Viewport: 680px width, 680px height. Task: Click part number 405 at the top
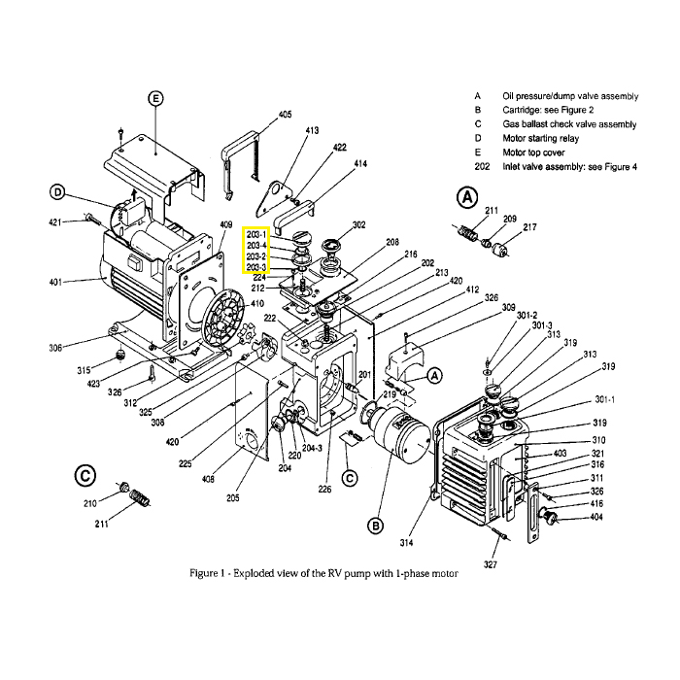[285, 115]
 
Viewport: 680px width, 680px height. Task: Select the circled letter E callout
[155, 97]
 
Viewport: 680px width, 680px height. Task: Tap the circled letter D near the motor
[57, 191]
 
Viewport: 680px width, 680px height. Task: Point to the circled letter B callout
[376, 526]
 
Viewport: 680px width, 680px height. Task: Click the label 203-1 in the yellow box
[256, 235]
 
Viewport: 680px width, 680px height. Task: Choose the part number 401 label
[54, 282]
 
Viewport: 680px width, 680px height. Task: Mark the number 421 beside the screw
[54, 222]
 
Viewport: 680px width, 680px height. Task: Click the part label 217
[529, 227]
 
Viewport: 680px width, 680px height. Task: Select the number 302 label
[358, 224]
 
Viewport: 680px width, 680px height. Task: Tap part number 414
[360, 164]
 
